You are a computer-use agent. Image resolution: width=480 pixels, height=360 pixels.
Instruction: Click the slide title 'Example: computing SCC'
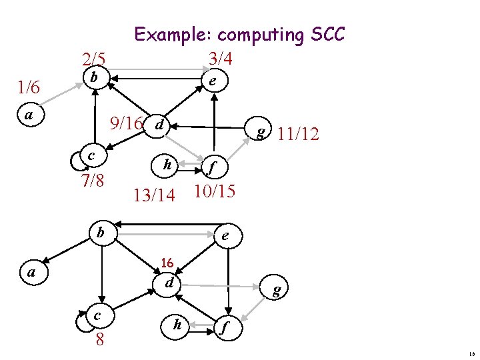(x=239, y=34)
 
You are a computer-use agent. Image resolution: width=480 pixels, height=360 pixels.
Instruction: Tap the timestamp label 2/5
(x=93, y=59)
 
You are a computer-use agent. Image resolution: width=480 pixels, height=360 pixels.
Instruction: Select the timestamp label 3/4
(x=220, y=59)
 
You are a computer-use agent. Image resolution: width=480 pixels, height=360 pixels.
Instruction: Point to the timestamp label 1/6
(x=29, y=87)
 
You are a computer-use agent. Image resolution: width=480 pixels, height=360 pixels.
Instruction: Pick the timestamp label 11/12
(x=299, y=135)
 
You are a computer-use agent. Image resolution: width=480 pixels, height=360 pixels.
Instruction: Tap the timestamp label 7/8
(x=91, y=180)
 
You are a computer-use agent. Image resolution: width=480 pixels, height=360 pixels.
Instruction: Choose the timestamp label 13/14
(x=154, y=195)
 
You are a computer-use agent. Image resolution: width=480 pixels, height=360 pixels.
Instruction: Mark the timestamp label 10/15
(x=214, y=191)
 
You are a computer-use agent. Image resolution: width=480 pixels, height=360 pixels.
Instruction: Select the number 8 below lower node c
(x=99, y=339)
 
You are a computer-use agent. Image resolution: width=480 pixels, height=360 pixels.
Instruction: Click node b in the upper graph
(x=95, y=78)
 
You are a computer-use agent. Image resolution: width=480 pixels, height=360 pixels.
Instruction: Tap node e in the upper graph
(x=211, y=81)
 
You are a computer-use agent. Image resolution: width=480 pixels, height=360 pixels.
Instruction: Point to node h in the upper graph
(x=167, y=165)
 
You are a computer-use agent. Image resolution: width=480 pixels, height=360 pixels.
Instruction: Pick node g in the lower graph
(x=275, y=289)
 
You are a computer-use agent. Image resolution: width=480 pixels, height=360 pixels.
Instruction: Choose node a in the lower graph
(x=31, y=272)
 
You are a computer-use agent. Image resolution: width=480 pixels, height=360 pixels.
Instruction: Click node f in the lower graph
(x=225, y=327)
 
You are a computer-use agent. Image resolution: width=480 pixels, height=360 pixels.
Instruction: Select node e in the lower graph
(x=226, y=236)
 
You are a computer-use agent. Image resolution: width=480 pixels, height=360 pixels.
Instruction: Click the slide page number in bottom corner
(x=471, y=354)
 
